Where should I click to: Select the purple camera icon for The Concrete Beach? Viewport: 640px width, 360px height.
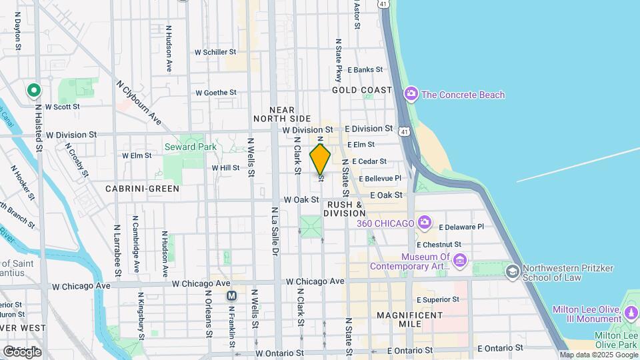[x=411, y=94]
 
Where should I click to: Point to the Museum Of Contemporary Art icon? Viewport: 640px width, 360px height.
[x=460, y=259]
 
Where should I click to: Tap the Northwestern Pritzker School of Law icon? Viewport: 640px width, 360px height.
[x=512, y=270]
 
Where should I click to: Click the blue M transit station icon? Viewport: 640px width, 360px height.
[x=231, y=295]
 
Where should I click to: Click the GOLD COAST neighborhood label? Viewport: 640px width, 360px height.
[x=362, y=90]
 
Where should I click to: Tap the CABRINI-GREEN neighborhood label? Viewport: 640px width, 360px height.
[x=142, y=189]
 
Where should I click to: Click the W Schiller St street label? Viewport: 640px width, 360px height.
[x=215, y=51]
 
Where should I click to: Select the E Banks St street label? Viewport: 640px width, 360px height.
[x=365, y=69]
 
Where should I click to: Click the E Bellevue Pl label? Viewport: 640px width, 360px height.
[x=380, y=179]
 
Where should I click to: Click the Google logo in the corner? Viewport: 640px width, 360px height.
[x=22, y=351]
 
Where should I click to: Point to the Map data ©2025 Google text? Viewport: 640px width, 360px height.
[x=599, y=355]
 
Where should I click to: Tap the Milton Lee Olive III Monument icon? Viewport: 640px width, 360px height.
[x=631, y=311]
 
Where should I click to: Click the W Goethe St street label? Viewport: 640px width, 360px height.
[x=216, y=93]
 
